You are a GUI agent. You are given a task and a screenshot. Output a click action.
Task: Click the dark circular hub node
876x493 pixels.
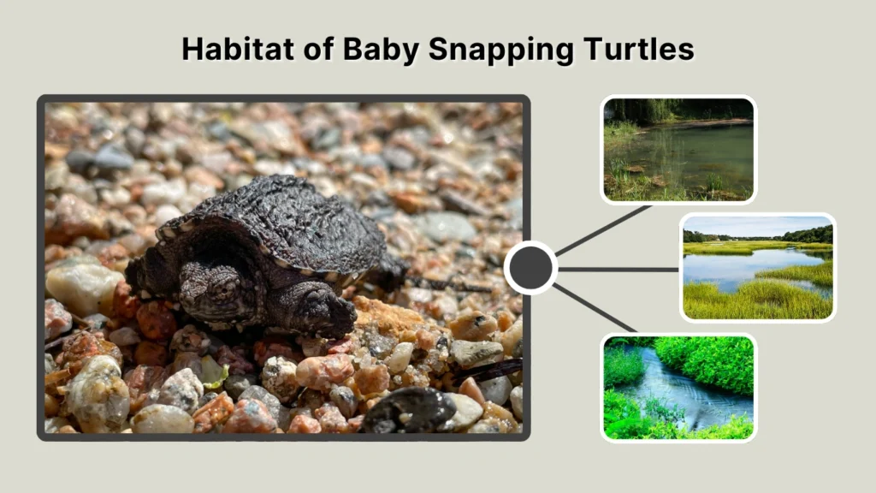[x=530, y=268]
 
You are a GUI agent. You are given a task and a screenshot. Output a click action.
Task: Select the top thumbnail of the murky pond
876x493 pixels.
[x=678, y=150]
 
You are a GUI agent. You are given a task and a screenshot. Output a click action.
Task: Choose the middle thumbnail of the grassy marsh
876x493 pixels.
[x=758, y=267]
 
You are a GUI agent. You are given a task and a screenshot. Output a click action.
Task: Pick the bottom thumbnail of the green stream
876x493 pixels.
[x=678, y=387]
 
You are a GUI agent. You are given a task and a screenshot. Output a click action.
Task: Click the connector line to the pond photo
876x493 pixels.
[x=603, y=229]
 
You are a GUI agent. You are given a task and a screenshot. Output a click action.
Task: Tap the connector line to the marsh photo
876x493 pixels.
[x=618, y=269]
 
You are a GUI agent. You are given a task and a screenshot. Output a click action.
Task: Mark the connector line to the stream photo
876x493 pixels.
[x=595, y=308]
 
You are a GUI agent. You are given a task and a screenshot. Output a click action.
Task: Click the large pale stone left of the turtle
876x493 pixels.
[x=81, y=287]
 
